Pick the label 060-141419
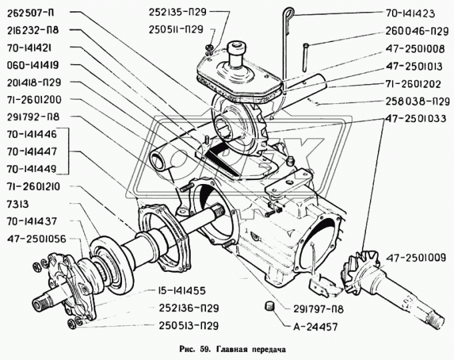click(x=34, y=66)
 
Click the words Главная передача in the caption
click(x=253, y=347)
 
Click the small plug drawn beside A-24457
click(x=270, y=306)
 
